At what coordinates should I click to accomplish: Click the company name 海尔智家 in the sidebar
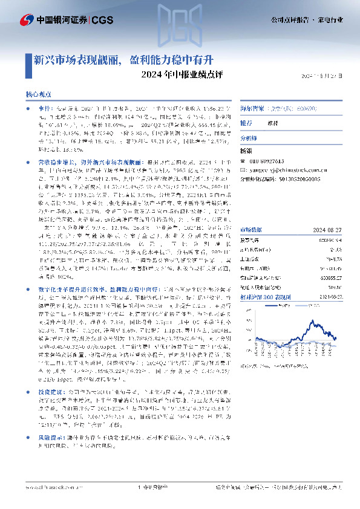pyautogui.click(x=252, y=110)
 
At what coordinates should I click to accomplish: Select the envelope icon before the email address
pyautogui.click(x=243, y=170)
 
